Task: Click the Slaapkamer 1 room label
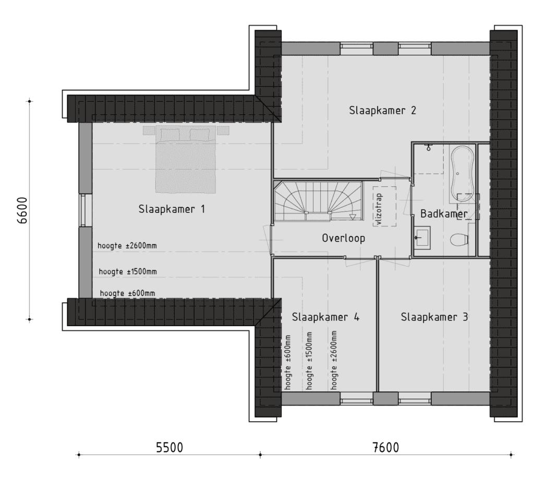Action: (172, 209)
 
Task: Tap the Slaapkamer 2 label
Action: (382, 111)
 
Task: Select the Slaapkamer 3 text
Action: (434, 317)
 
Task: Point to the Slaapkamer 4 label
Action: (325, 317)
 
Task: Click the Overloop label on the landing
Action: (343, 238)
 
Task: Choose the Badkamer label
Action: (444, 213)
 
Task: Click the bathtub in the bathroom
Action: (462, 172)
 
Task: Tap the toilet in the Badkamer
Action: (458, 240)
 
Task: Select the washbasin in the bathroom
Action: (422, 236)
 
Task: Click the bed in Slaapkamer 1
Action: (186, 159)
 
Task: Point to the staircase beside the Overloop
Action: (318, 201)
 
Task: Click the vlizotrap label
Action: (380, 210)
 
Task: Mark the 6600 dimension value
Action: (23, 210)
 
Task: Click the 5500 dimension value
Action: (169, 447)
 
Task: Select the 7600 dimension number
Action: (386, 447)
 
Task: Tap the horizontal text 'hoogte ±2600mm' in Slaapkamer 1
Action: (127, 246)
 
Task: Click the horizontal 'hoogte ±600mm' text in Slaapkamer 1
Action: (127, 293)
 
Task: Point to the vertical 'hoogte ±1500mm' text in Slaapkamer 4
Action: (309, 360)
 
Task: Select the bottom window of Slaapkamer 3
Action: (415, 398)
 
